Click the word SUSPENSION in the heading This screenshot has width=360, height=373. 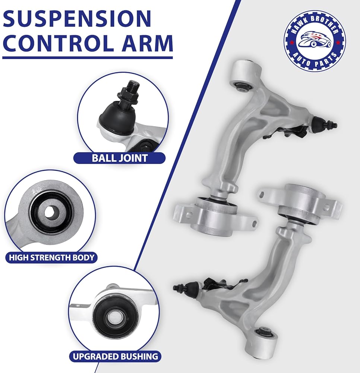(x=77, y=18)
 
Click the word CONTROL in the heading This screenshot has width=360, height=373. (x=58, y=43)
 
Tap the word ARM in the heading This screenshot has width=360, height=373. (x=147, y=43)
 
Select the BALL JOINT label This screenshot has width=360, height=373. (x=120, y=158)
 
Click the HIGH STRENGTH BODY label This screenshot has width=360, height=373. (x=51, y=258)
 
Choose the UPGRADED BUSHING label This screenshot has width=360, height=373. (x=115, y=356)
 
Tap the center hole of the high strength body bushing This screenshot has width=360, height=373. (x=49, y=212)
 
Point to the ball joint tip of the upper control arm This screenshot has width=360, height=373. (x=335, y=125)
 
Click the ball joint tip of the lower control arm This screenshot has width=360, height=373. (x=175, y=288)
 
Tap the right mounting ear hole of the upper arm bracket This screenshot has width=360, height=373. (x=254, y=223)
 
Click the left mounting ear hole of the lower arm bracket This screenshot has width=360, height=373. (x=262, y=195)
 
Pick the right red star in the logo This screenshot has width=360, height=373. (x=338, y=43)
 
